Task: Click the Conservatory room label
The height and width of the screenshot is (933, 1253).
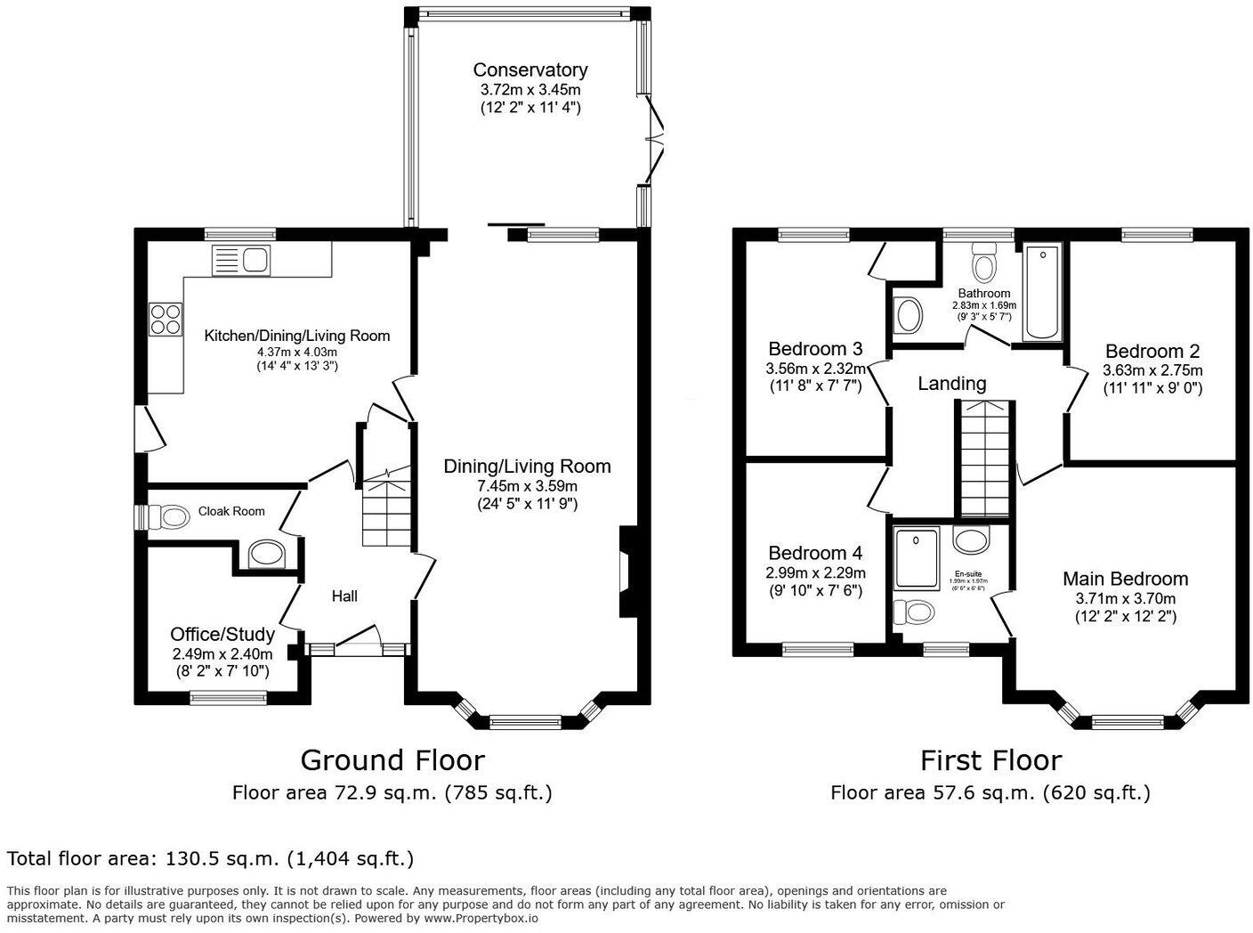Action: click(529, 69)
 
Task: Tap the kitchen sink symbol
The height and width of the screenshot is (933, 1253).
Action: click(241, 261)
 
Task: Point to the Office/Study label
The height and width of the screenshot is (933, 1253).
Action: click(222, 634)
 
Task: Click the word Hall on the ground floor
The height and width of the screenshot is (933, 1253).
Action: click(344, 596)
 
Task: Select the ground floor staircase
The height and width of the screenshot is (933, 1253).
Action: click(386, 512)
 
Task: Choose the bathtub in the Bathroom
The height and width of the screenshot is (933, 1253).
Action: click(1043, 291)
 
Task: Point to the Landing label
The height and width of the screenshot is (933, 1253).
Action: click(951, 384)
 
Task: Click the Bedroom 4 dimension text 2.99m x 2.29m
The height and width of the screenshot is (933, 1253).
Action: click(815, 572)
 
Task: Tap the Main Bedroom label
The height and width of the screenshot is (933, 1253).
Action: click(1125, 579)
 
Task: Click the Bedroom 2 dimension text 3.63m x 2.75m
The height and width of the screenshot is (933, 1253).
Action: click(1152, 370)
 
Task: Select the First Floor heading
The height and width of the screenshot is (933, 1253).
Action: click(990, 760)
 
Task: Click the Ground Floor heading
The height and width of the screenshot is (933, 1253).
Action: click(392, 760)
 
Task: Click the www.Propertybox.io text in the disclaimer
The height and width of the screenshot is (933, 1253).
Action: click(481, 918)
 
